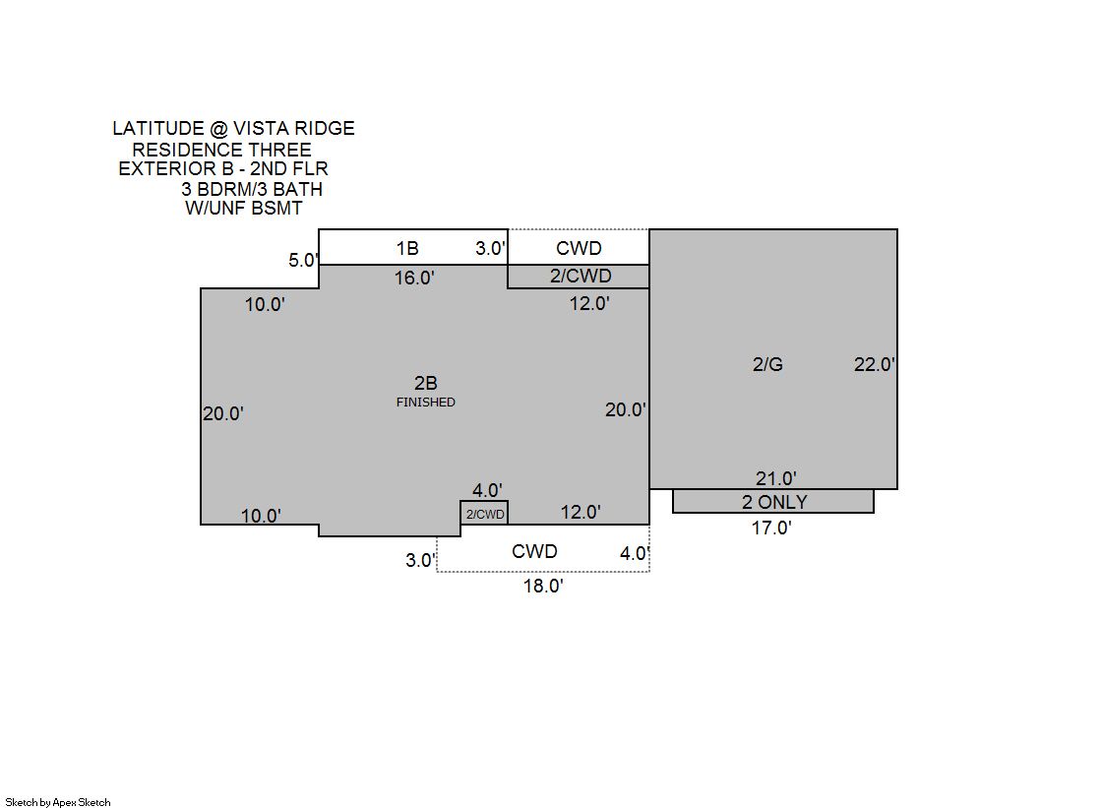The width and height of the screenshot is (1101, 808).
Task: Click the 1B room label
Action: coord(407,248)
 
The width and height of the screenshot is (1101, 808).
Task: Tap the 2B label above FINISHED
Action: coord(425,383)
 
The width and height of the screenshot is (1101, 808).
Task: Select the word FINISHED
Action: coord(425,402)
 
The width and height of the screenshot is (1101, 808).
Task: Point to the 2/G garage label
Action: coord(767,364)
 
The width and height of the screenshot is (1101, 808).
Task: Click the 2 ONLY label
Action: coord(774,502)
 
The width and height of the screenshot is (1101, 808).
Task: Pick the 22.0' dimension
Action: coord(874,364)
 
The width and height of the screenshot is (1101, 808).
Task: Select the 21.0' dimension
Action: coord(776,478)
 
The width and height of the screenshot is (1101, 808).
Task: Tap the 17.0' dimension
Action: coord(771,528)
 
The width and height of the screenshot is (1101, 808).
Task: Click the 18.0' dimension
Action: coord(543,586)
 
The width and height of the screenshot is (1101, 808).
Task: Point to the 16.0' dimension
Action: coord(414,278)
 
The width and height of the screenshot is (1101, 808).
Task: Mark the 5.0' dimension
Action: coord(304,260)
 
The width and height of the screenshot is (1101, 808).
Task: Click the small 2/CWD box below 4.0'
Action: coord(484,514)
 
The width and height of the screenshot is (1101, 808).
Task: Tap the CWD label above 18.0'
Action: coord(534,551)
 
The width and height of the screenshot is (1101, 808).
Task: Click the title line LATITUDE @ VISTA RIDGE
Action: coord(234,129)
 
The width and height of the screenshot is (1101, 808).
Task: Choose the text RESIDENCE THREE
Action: coord(222,150)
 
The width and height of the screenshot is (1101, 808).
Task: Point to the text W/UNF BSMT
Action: coord(244,208)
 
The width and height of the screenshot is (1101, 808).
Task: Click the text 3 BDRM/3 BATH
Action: coord(252,189)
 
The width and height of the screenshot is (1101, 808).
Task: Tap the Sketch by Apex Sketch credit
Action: coord(58,802)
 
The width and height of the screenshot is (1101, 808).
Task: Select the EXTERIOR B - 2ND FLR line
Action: coord(223,168)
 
